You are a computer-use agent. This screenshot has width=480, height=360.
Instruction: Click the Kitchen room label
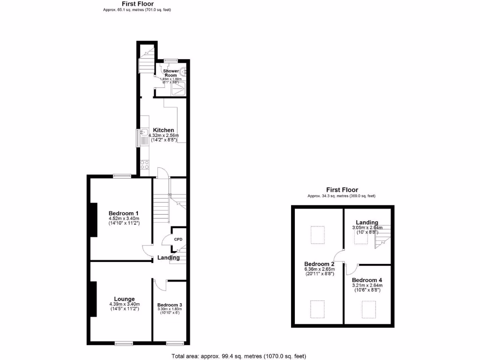(x=163, y=130)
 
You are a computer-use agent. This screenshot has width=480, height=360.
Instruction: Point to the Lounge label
(x=124, y=299)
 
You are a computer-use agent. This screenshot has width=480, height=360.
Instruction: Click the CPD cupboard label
(x=178, y=240)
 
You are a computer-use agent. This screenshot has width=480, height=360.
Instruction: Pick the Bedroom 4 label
(x=367, y=280)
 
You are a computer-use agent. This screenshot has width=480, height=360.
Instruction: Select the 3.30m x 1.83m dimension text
(x=169, y=309)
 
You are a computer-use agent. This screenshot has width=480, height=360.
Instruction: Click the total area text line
(x=239, y=356)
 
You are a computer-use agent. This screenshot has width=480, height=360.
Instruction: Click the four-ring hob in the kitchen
(x=144, y=165)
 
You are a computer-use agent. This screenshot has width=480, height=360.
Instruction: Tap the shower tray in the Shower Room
(x=179, y=89)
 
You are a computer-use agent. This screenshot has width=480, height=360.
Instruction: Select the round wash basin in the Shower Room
(x=184, y=73)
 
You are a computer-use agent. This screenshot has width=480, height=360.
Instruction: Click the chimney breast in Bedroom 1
(x=94, y=219)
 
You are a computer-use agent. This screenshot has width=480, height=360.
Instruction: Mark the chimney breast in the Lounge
(x=94, y=300)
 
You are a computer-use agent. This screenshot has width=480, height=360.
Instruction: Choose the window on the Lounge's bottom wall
(x=124, y=344)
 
